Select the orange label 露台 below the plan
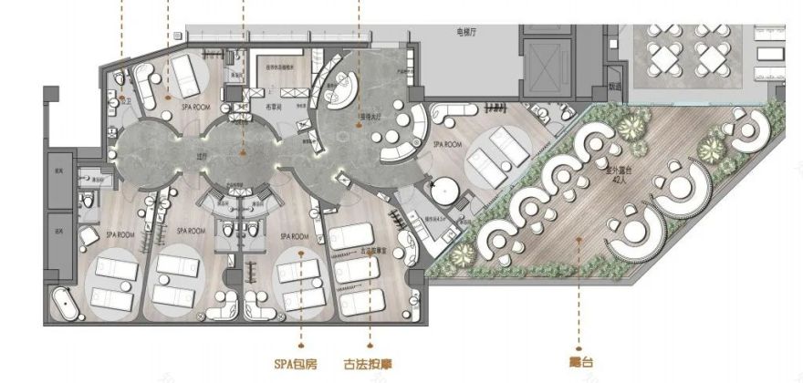[x=581, y=361]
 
